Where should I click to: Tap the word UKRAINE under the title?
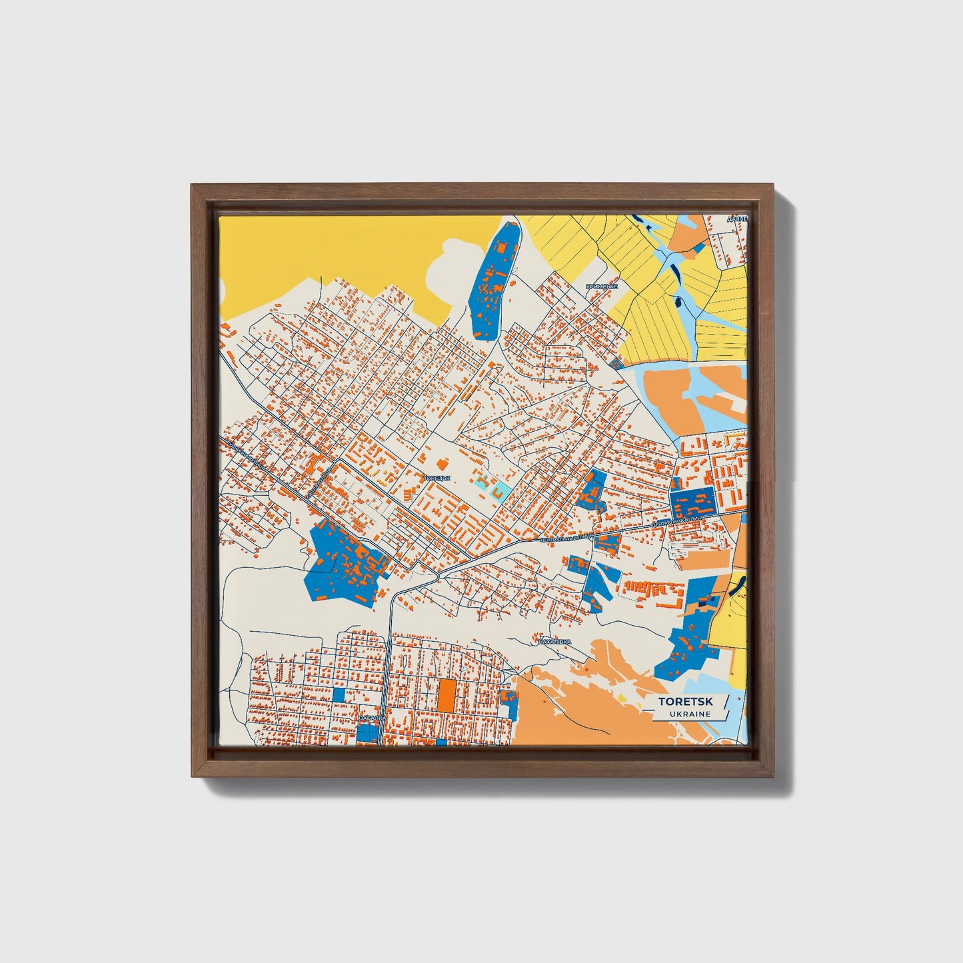click(x=690, y=714)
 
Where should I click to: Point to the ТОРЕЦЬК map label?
click(x=437, y=478)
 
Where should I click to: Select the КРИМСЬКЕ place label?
click(x=601, y=286)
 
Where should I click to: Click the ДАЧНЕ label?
click(x=737, y=219)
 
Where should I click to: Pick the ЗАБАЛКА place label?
click(x=371, y=718)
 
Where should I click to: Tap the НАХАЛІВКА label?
click(x=554, y=641)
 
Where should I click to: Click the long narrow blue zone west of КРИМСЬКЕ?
click(x=494, y=280)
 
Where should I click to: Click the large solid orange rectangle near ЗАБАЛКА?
click(x=446, y=694)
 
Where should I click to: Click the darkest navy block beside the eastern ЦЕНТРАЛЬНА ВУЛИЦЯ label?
click(x=691, y=501)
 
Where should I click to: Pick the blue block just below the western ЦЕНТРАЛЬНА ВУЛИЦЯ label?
click(x=606, y=544)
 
